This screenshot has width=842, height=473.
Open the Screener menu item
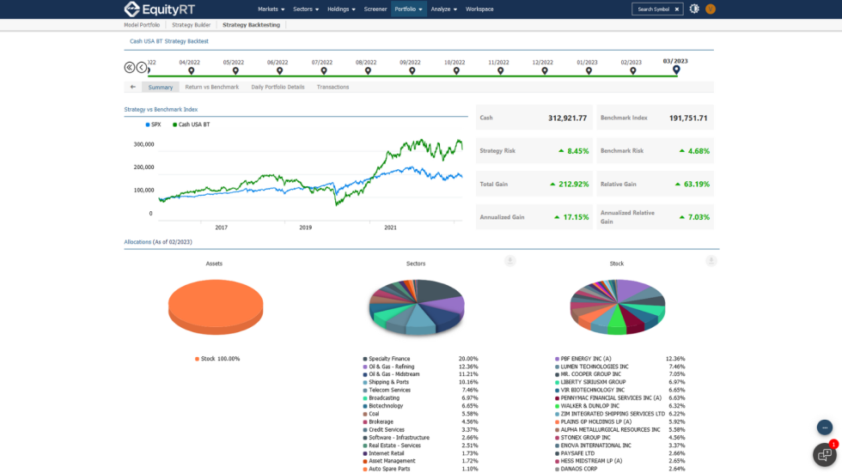click(x=375, y=9)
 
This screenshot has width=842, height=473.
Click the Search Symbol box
click(x=654, y=9)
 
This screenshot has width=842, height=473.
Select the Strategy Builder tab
click(x=191, y=25)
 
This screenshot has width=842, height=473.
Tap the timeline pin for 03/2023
click(x=676, y=70)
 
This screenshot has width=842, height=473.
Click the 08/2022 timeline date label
click(x=366, y=62)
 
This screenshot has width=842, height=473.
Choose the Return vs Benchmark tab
click(x=212, y=87)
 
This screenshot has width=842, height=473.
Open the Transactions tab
click(x=333, y=87)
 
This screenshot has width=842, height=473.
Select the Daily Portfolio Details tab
click(x=278, y=87)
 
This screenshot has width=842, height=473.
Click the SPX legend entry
click(x=155, y=124)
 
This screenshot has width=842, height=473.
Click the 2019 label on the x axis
click(x=305, y=227)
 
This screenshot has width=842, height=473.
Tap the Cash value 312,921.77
click(x=568, y=118)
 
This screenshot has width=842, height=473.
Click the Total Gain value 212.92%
click(x=574, y=184)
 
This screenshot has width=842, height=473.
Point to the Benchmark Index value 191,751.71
click(x=688, y=118)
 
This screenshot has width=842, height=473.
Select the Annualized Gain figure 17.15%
click(x=574, y=217)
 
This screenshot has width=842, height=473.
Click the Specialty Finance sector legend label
click(x=389, y=359)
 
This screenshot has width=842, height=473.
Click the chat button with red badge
click(x=824, y=454)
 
